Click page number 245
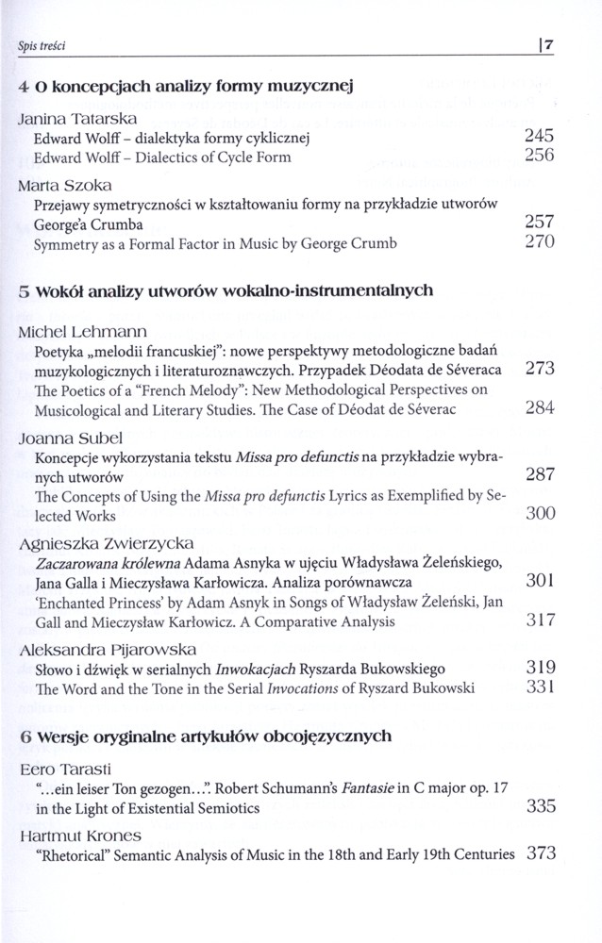[x=537, y=138]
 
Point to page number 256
[x=537, y=157]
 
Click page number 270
[x=537, y=243]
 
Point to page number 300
[x=537, y=516]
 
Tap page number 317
[x=537, y=621]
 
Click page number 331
[x=537, y=688]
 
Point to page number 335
[x=537, y=806]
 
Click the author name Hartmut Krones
[x=67, y=835]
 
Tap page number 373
[x=537, y=854]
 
